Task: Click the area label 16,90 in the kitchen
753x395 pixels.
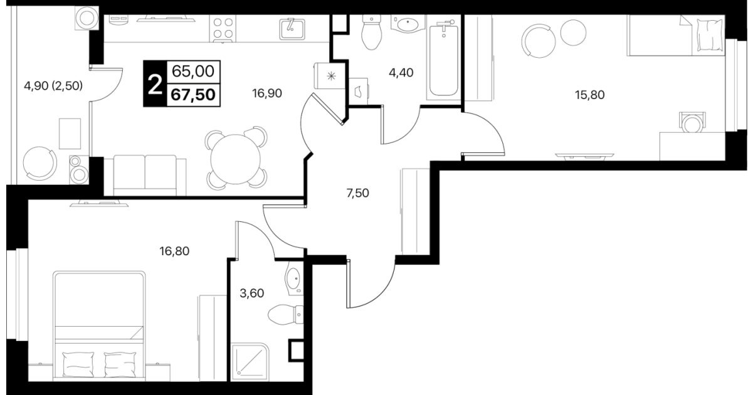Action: click(267, 93)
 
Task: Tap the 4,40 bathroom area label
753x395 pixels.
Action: click(401, 73)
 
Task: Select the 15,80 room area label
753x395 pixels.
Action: click(589, 95)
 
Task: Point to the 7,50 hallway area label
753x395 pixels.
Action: click(357, 193)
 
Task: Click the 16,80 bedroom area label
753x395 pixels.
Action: click(174, 251)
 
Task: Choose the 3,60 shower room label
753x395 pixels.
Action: click(252, 293)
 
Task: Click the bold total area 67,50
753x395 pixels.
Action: click(193, 95)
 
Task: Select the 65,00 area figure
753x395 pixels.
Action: click(193, 71)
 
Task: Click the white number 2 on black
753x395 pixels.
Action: click(155, 84)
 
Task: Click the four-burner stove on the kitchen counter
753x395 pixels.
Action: click(223, 29)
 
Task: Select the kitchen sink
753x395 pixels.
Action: click(292, 29)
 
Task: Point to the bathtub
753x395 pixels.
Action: click(443, 60)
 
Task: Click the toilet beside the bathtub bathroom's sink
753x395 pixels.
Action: click(371, 32)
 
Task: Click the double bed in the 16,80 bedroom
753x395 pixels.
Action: click(100, 326)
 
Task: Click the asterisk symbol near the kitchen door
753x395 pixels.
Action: click(331, 76)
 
